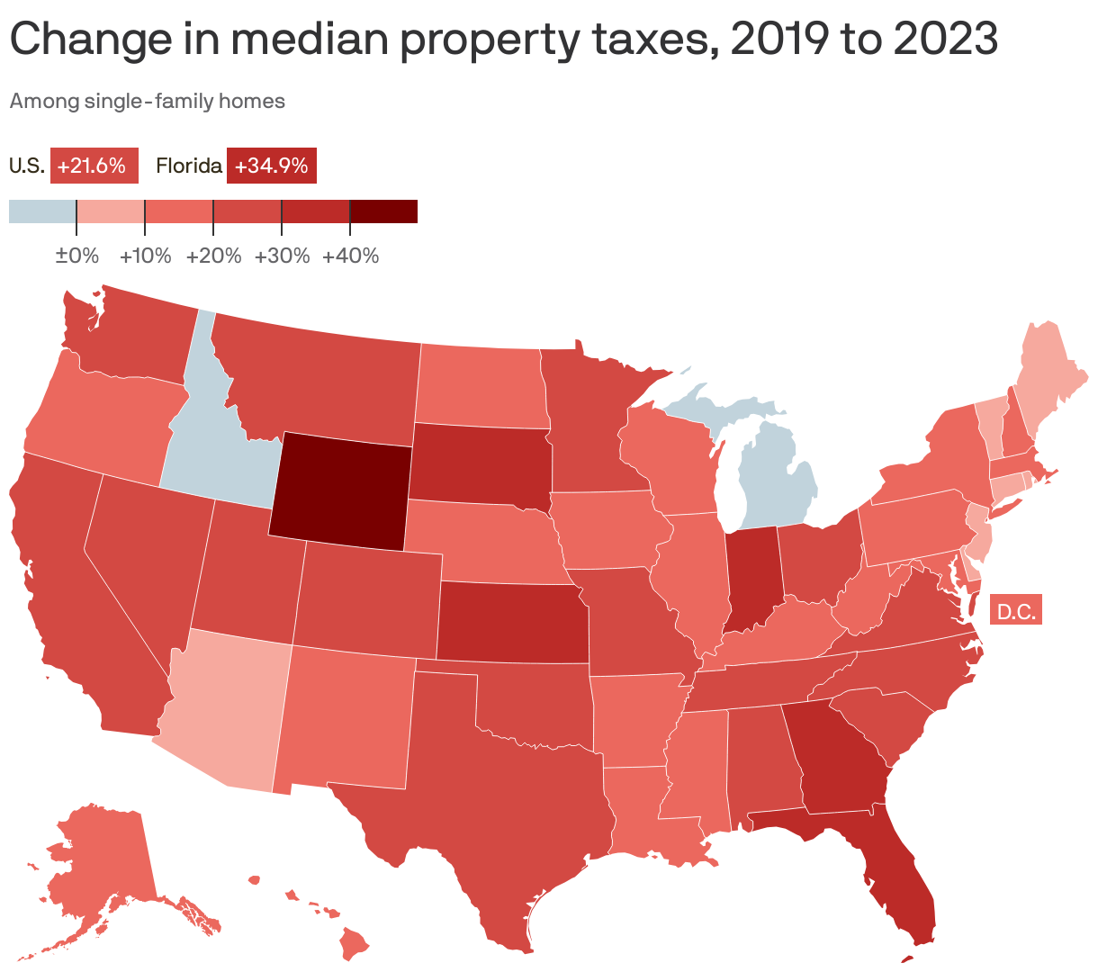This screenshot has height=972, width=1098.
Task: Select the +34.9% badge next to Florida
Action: (x=271, y=166)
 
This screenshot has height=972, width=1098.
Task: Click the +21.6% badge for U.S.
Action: (x=94, y=166)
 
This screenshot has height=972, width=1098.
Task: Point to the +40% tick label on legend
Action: (x=350, y=256)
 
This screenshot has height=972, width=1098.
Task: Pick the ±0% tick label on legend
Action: (x=77, y=256)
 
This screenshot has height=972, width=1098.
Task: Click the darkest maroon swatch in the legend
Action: (x=383, y=211)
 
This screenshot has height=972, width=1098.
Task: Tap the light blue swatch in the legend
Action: (x=42, y=211)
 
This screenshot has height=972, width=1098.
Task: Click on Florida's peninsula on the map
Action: (x=900, y=882)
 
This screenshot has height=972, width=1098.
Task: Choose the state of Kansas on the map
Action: (x=513, y=621)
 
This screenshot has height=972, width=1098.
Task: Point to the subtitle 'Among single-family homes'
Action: (x=147, y=102)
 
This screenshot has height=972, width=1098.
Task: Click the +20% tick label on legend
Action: (x=214, y=256)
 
